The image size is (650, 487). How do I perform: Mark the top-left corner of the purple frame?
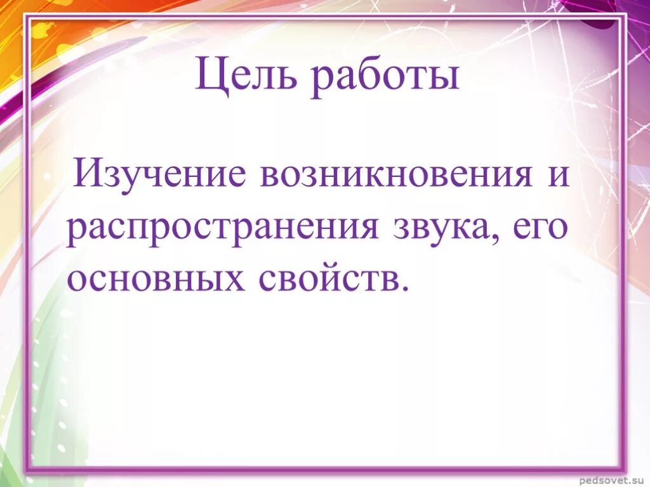click(x=27, y=18)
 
